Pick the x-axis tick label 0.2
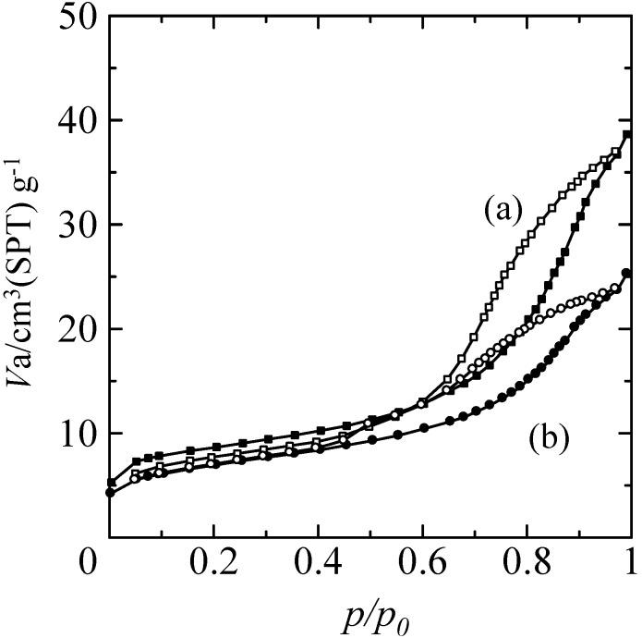point(213,562)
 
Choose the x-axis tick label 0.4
point(318,562)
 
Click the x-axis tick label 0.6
point(422,562)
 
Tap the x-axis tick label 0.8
point(527,562)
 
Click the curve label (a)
point(504,211)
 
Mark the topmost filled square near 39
point(627,135)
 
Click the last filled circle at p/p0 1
point(627,273)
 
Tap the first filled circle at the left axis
point(110,492)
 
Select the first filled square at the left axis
point(111,482)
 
